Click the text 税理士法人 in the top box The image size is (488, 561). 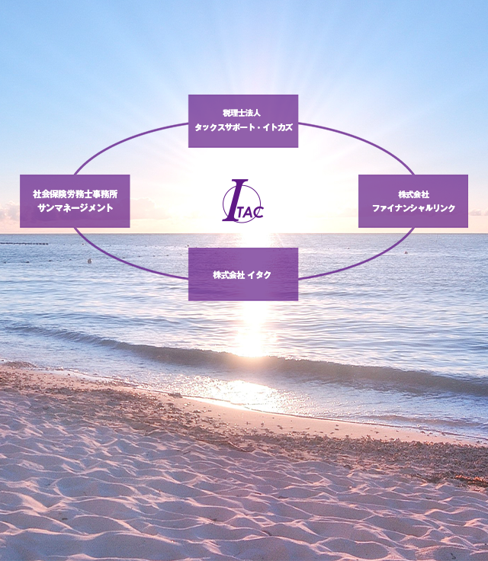pos(241,114)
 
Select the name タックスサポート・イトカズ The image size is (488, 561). pos(243,127)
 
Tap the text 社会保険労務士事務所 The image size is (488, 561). pos(75,194)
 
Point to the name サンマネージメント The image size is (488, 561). pos(75,208)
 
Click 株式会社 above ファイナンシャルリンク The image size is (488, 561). pos(413,194)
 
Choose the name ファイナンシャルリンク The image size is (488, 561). pos(413,208)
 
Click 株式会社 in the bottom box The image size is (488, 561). pos(229,275)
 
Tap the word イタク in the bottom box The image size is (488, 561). pos(259,275)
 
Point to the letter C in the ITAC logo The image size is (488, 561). pos(259,212)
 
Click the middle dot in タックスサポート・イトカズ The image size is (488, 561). pos(256,128)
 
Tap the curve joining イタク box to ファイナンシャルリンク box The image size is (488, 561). pos(365,260)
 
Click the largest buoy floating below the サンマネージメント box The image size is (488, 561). pos(89,261)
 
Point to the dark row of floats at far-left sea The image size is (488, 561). pos(24,244)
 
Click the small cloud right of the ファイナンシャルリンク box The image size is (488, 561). pos(478,213)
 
